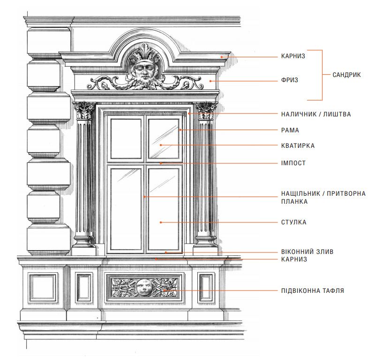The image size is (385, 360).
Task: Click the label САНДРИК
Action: click(x=347, y=75)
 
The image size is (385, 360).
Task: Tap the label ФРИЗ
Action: click(x=289, y=80)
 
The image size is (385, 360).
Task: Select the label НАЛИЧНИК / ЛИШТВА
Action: click(x=316, y=114)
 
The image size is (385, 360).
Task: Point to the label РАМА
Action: click(x=290, y=130)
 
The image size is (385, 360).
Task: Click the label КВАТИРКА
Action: click(x=298, y=146)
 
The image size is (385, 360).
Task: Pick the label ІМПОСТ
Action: click(x=294, y=163)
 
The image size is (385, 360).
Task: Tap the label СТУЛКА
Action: click(x=294, y=222)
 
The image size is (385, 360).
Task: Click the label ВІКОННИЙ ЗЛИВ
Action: click(x=307, y=252)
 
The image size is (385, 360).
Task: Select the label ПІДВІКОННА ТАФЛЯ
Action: click(x=313, y=291)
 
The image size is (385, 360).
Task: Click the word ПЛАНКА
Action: click(x=294, y=201)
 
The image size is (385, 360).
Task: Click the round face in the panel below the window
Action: click(x=144, y=287)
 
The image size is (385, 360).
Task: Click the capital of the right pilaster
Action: click(x=206, y=111)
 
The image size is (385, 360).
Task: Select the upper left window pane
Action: click(x=126, y=139)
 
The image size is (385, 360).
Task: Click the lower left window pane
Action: click(x=126, y=209)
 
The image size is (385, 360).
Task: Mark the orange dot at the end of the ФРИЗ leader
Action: click(x=211, y=81)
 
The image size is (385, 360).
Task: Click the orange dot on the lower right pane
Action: click(x=161, y=222)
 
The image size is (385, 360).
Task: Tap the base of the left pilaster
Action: click(x=84, y=243)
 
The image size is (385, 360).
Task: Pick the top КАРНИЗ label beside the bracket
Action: click(x=293, y=56)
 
